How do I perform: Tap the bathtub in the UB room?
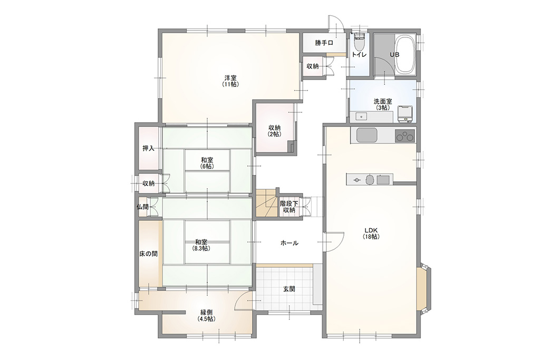pyautogui.click(x=405, y=54)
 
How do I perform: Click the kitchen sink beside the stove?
pyautogui.click(x=368, y=135)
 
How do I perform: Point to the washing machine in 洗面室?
pyautogui.click(x=406, y=114)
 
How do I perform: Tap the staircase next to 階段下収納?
pyautogui.click(x=266, y=203)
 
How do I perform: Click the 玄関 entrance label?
pyautogui.click(x=289, y=289)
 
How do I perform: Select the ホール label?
pyautogui.click(x=290, y=243)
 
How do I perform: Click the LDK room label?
pyautogui.click(x=371, y=230)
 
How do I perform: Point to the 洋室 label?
pyautogui.click(x=230, y=78)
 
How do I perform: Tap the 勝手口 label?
pyautogui.click(x=324, y=43)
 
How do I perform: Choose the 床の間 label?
pyautogui.click(x=148, y=254)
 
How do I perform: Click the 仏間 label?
pyautogui.click(x=142, y=207)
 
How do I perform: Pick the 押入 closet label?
pyautogui.click(x=148, y=148)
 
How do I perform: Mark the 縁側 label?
pyautogui.click(x=207, y=313)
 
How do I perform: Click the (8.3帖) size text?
pyautogui.click(x=201, y=248)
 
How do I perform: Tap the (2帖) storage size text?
pyautogui.click(x=275, y=134)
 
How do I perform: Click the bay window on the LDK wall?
pyautogui.click(x=423, y=288)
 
